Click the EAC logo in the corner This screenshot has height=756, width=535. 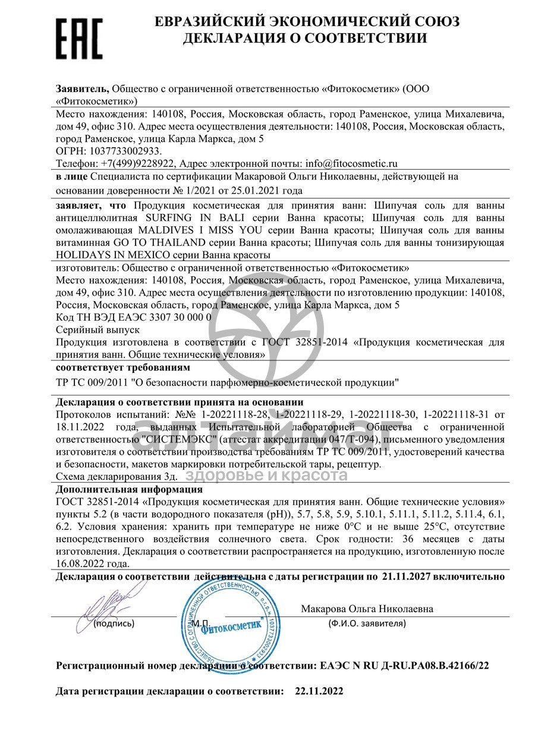tap(79, 39)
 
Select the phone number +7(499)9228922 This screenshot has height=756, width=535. tap(136, 163)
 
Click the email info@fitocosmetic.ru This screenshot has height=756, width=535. tap(351, 163)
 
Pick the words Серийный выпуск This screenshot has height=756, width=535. tap(97, 329)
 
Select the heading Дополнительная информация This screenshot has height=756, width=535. tap(129, 490)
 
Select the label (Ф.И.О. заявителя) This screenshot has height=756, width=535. tap(367, 624)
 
